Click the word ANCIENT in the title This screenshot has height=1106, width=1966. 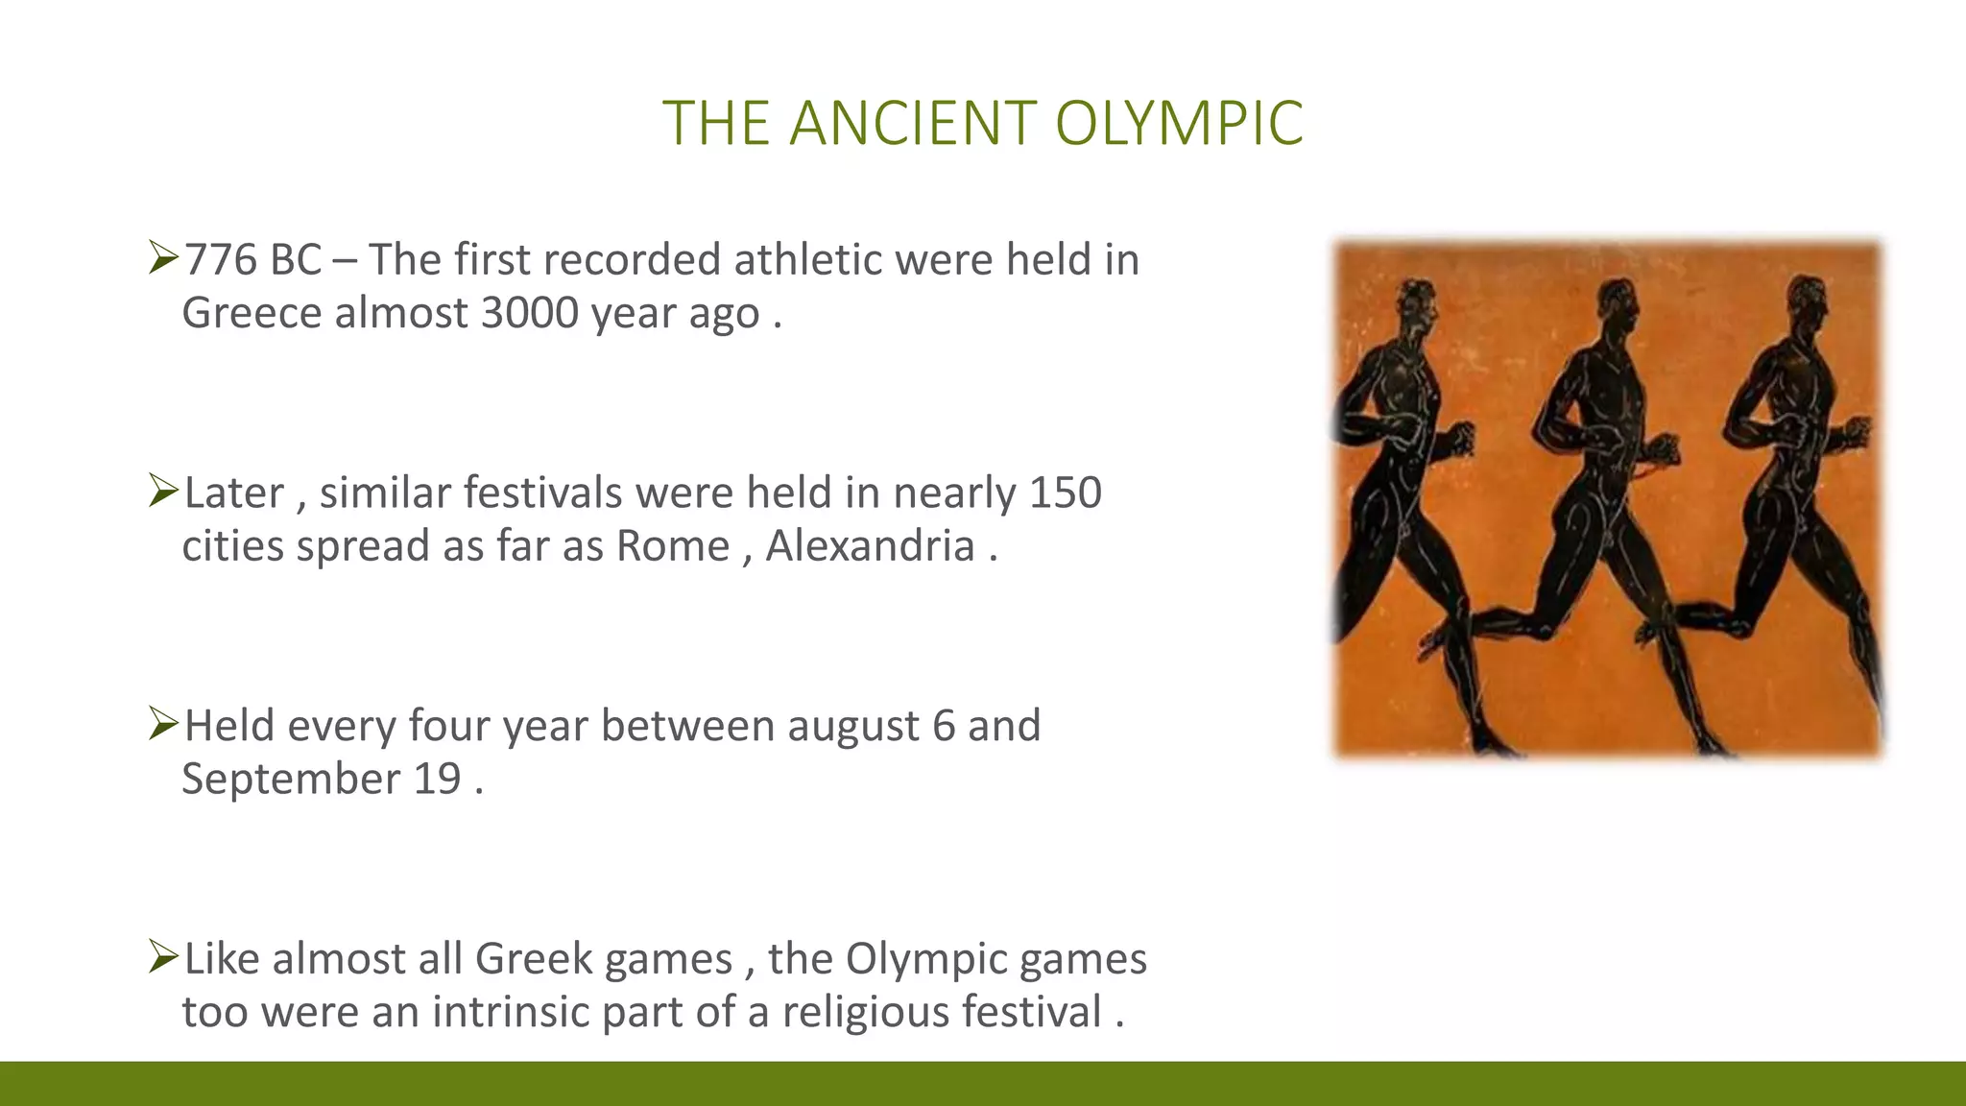tap(912, 124)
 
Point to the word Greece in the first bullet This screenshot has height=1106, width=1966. tap(252, 313)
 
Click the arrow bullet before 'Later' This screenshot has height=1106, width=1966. tap(163, 491)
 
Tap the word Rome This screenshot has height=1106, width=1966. tap(672, 546)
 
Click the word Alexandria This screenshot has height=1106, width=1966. tap(870, 546)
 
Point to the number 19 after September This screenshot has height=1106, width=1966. tap(437, 779)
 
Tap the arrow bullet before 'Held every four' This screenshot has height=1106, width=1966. tap(163, 724)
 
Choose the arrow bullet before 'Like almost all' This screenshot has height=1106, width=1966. tap(163, 957)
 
